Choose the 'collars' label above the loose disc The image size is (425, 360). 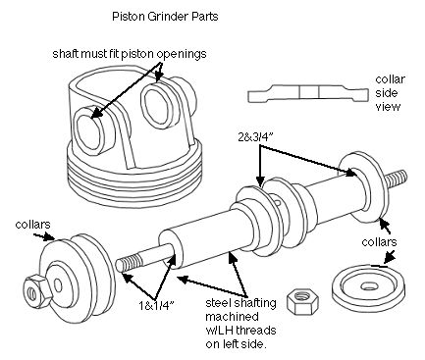(x=378, y=240)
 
